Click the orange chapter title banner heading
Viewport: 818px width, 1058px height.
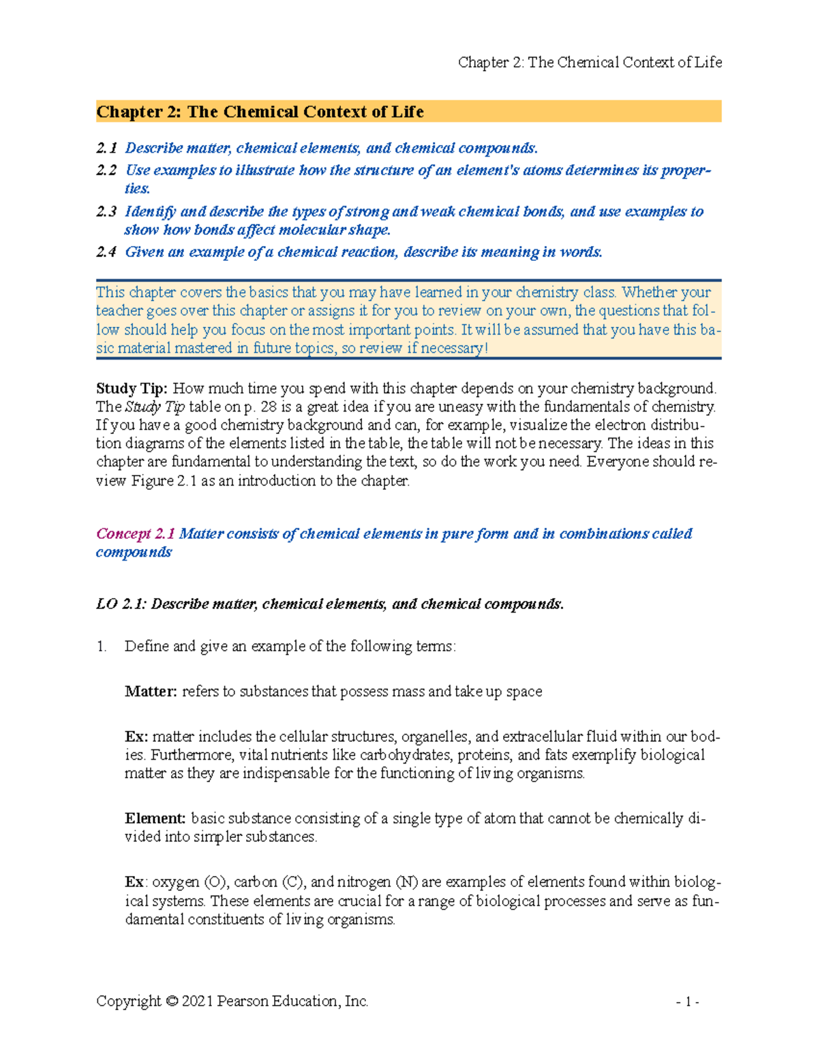(260, 112)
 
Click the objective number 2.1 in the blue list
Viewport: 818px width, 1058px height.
(106, 149)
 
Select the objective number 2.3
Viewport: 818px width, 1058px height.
(106, 212)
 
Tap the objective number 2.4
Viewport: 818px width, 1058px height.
(106, 252)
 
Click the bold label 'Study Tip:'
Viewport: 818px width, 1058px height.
(132, 388)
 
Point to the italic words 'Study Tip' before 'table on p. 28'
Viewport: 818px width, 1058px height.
(155, 407)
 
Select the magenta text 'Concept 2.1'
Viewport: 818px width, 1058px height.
(136, 533)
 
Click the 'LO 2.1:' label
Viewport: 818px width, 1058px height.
(121, 604)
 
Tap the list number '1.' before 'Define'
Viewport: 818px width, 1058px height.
(102, 646)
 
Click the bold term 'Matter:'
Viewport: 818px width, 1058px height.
(151, 691)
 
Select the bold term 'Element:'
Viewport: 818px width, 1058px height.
(155, 818)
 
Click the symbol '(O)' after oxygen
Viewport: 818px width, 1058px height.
(215, 882)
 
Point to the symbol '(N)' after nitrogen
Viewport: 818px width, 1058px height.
(407, 882)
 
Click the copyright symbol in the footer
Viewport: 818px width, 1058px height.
(171, 1001)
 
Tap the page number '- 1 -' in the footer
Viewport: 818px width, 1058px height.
(687, 1001)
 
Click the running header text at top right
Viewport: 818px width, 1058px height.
(590, 63)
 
